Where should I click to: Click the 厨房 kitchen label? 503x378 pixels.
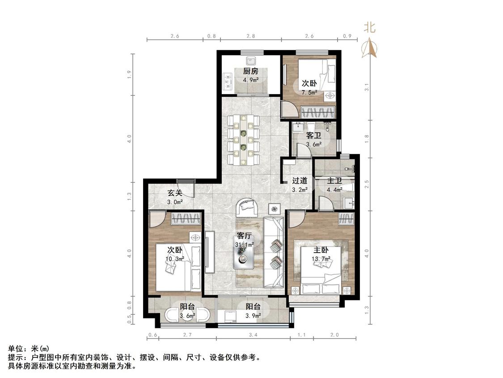click(x=250, y=71)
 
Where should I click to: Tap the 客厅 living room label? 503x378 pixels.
click(x=244, y=236)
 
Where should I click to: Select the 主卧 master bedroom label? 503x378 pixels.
click(x=321, y=250)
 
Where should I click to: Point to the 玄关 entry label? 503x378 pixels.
click(x=175, y=193)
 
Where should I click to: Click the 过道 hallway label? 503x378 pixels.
click(x=300, y=180)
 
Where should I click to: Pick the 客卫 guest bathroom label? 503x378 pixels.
click(x=314, y=135)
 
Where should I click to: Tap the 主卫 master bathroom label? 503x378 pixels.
click(x=334, y=180)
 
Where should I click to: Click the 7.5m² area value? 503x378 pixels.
click(x=309, y=93)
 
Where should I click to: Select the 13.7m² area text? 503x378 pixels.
click(x=321, y=259)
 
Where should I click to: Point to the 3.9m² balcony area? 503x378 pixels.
click(x=253, y=316)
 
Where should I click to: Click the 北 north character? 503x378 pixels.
click(x=369, y=27)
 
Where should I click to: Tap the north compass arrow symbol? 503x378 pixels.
click(x=369, y=48)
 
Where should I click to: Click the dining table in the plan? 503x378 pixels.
click(x=244, y=139)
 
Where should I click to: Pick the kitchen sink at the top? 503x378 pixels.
click(x=251, y=61)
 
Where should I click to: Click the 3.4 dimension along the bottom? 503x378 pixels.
click(x=253, y=335)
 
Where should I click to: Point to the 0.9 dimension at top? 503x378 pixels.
click(x=347, y=36)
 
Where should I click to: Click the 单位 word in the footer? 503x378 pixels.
click(x=15, y=348)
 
